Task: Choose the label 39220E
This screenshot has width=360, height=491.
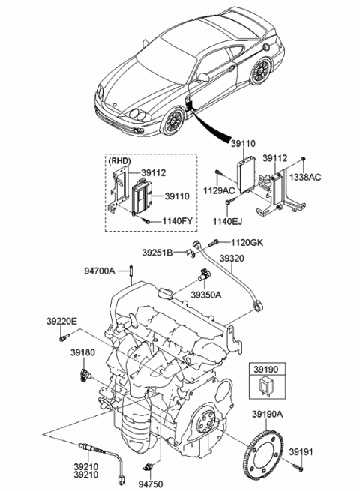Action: point(60,321)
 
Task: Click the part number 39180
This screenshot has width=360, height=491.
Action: point(82,351)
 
